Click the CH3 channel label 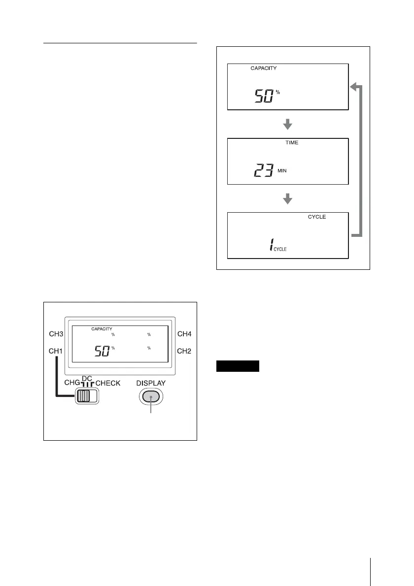point(56,334)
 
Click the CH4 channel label point(184,334)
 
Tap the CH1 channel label point(56,351)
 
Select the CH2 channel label point(184,351)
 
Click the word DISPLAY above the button point(151,383)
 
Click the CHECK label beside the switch point(107,383)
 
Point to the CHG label point(68,383)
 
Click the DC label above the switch point(87,378)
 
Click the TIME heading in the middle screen point(292,142)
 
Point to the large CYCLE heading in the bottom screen point(316,217)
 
